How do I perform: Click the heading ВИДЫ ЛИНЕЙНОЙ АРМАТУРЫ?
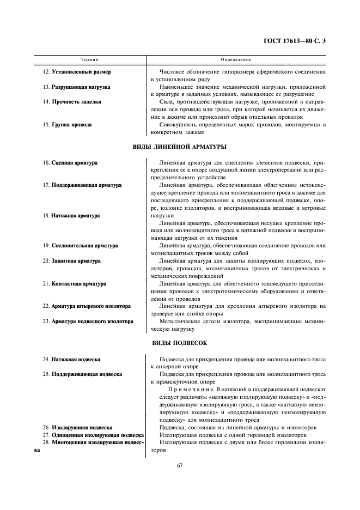[x=180, y=147]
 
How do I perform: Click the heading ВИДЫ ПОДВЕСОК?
[x=180, y=343]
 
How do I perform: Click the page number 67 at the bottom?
[x=180, y=465]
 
